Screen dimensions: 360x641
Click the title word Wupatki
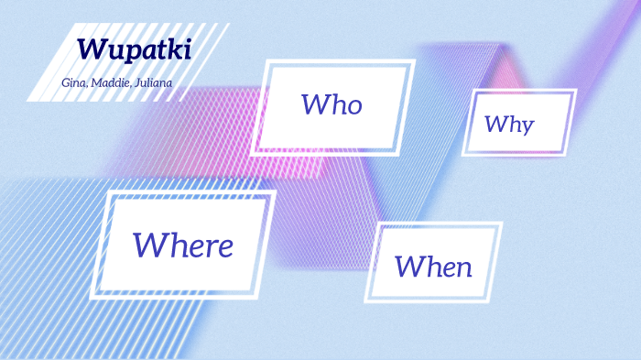pyautogui.click(x=134, y=49)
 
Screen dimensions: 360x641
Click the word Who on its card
pyautogui.click(x=331, y=104)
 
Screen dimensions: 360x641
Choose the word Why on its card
pyautogui.click(x=509, y=124)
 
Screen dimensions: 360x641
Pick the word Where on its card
pyautogui.click(x=182, y=245)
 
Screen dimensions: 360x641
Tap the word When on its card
pyautogui.click(x=433, y=267)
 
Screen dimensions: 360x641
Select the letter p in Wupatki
pyautogui.click(x=128, y=52)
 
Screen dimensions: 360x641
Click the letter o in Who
pyautogui.click(x=353, y=106)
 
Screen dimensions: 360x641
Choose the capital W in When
pyautogui.click(x=408, y=267)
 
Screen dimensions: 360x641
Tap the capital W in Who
pyautogui.click(x=313, y=104)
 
